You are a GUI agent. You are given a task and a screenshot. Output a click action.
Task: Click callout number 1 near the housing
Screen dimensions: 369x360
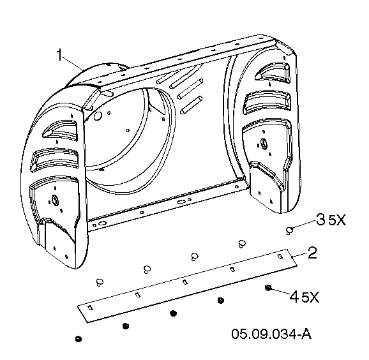pos(60,55)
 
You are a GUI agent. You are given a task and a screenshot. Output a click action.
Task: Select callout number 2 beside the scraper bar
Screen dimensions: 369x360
pos(312,253)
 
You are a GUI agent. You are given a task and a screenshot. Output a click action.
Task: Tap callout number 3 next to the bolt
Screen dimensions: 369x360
pos(321,220)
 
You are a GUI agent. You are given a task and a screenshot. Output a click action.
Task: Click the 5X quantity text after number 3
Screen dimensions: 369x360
pos(337,220)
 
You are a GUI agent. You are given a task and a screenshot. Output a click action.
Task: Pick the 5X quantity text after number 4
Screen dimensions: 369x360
pos(310,297)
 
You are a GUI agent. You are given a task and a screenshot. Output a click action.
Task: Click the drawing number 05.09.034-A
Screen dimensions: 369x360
pos(271,334)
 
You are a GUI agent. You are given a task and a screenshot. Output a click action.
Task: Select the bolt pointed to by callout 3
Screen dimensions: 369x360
pos(289,230)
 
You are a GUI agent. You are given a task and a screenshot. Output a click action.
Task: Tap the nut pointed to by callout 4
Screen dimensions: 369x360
pos(267,287)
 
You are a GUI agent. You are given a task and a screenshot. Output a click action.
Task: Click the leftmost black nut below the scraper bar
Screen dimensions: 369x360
pos(79,339)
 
